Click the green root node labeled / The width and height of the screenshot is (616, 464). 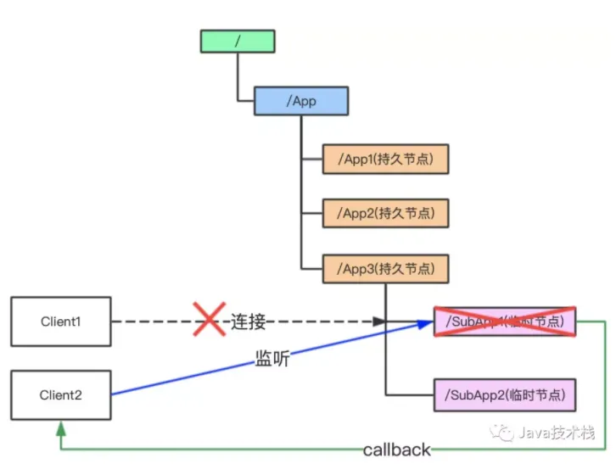(238, 42)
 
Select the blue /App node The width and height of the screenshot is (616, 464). (301, 101)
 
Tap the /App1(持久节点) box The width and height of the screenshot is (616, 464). (385, 159)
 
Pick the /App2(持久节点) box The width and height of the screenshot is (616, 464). (385, 213)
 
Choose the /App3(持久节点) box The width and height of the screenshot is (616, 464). (385, 269)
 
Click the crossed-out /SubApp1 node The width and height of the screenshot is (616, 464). (504, 321)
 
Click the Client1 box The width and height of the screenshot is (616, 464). (60, 321)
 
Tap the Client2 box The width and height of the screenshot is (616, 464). (60, 394)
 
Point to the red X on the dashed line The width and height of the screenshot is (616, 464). (207, 320)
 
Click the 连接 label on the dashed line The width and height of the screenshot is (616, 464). (249, 322)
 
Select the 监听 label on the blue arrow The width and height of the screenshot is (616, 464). (272, 359)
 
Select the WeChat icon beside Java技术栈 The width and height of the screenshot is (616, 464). (507, 433)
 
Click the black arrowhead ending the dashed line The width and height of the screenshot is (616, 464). (381, 321)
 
